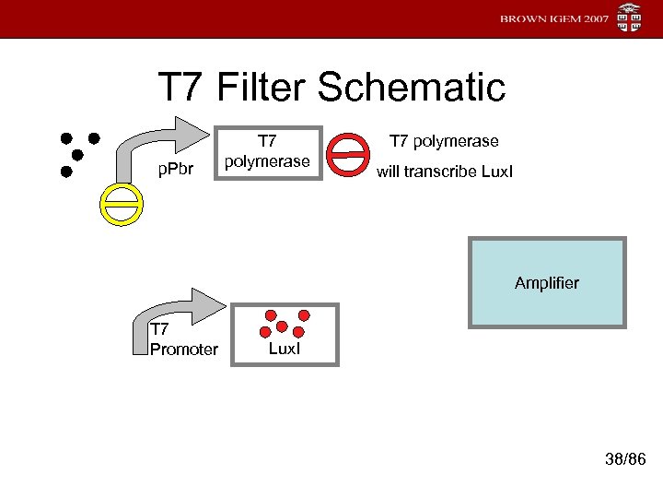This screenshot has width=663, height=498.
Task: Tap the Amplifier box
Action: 547,282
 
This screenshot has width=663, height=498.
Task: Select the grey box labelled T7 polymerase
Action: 267,152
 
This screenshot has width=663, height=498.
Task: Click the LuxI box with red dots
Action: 285,334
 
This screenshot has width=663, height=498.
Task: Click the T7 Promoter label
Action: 183,339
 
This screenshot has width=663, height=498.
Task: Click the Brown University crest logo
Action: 631,18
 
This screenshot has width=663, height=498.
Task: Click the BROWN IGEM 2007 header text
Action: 555,19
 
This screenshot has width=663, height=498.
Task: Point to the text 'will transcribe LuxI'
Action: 444,172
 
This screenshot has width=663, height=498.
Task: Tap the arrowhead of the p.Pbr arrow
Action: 189,131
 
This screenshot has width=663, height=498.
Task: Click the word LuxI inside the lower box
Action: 285,349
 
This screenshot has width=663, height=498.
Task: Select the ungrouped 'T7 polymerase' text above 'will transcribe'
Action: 444,141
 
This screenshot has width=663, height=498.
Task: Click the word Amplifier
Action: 547,282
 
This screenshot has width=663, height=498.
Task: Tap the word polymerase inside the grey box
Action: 267,160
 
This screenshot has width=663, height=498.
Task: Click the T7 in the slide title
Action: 182,88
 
